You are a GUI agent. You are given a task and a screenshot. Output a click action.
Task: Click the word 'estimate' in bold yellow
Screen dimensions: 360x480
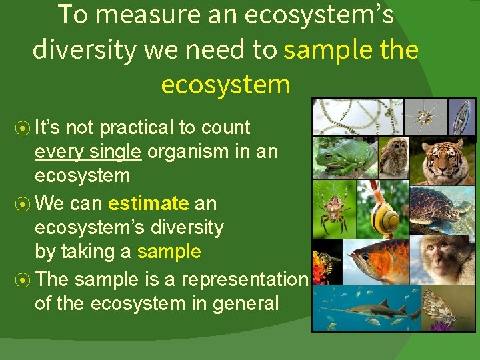click(x=149, y=203)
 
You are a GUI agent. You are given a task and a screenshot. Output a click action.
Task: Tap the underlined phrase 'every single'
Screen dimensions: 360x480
click(x=88, y=151)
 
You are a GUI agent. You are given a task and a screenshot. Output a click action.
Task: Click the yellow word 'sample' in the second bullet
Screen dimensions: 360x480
click(x=169, y=251)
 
